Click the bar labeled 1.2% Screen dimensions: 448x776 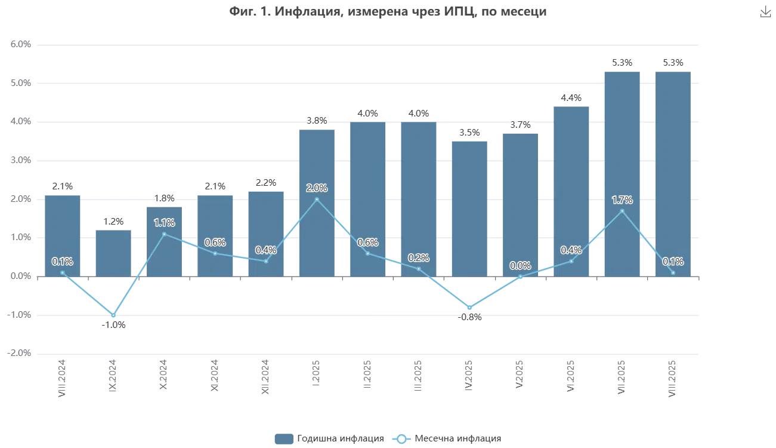pos(114,253)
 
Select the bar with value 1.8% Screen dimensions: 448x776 pos(164,241)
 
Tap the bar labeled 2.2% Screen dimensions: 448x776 pos(267,234)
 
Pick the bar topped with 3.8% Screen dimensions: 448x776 pos(317,202)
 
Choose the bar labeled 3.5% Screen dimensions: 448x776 pos(470,208)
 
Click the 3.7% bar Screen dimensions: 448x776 pos(520,203)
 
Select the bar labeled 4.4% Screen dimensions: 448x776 pos(572,191)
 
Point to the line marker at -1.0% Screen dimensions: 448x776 pos(113,315)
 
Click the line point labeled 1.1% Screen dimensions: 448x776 pos(164,234)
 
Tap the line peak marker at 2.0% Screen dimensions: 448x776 pos(317,199)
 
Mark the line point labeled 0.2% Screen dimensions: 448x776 pos(419,269)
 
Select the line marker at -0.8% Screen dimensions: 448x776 pos(470,308)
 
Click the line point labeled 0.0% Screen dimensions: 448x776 pos(521,276)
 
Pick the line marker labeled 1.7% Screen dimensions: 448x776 pos(622,211)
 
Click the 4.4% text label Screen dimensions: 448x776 pos(571,98)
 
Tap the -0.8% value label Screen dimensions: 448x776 pos(470,318)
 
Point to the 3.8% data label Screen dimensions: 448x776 pos(316,121)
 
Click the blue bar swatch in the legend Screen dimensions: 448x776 pos(283,439)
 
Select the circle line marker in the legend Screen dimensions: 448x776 pos(402,439)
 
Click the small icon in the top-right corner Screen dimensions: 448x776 pos(765,13)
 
